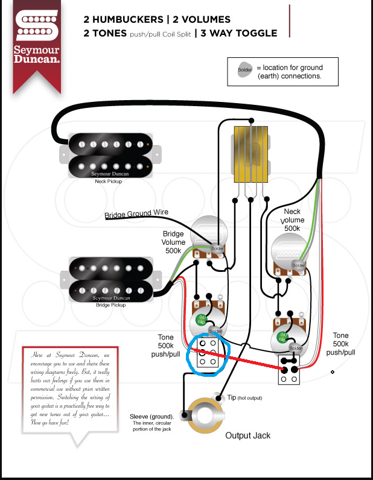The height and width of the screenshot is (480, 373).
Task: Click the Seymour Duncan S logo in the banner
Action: [37, 29]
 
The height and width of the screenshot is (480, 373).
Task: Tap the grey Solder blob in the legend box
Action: [244, 71]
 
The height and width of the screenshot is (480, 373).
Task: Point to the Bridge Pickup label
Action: [110, 305]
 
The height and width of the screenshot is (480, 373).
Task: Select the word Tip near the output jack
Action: [232, 397]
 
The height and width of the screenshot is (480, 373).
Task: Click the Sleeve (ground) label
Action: [151, 417]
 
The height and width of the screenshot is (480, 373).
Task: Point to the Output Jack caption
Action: [247, 435]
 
